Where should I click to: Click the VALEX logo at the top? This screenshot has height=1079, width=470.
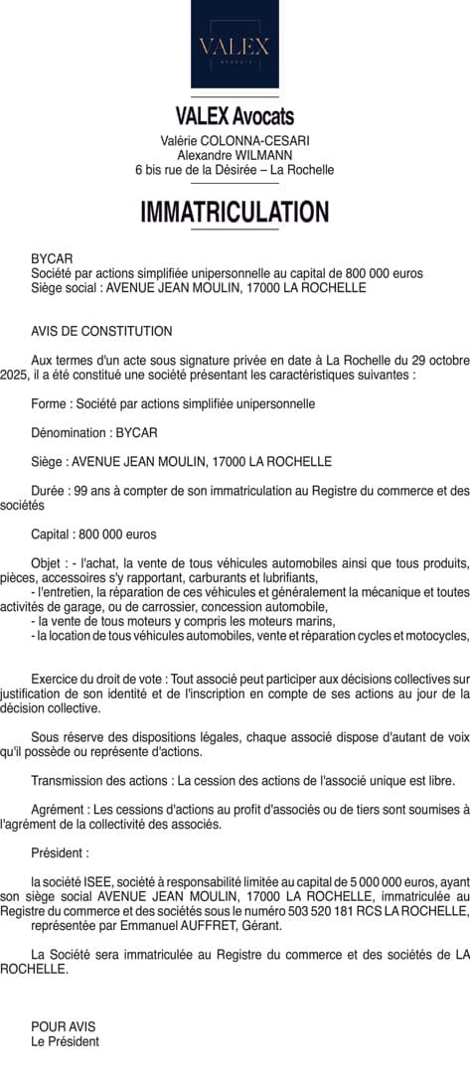click(235, 46)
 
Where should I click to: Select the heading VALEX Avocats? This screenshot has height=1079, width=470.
click(235, 118)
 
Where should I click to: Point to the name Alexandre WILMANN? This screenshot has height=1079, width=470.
click(235, 155)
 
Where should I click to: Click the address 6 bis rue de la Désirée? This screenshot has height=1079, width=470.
click(199, 170)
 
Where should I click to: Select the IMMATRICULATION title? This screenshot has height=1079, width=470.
click(235, 213)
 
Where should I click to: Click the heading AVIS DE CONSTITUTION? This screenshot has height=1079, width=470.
click(101, 332)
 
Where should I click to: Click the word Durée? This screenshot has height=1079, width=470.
click(49, 490)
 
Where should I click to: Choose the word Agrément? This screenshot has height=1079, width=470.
click(58, 810)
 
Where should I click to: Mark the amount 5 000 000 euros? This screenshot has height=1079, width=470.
click(389, 881)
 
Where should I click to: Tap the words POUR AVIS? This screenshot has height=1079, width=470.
click(64, 1026)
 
